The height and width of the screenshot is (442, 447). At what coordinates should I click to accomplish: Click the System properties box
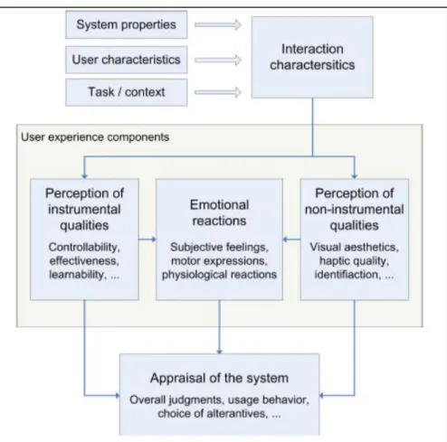coord(127,24)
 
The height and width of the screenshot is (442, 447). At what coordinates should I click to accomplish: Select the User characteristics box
coord(127,60)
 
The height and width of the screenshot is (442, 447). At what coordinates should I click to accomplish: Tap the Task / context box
coord(127,92)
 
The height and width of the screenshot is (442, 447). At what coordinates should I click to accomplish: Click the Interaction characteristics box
coord(312,57)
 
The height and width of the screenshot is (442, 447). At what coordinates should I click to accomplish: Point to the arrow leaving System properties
coord(218,24)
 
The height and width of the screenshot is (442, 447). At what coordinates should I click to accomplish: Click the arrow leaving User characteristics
coord(218,60)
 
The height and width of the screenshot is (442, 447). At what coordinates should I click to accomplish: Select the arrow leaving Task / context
coord(218,92)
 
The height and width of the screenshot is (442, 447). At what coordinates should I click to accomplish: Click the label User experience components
coord(95,137)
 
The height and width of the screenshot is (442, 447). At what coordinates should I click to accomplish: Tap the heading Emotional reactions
coord(219,212)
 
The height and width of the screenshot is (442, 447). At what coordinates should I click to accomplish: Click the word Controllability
coord(84,247)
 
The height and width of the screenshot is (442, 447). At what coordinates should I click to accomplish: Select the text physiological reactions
coord(219,275)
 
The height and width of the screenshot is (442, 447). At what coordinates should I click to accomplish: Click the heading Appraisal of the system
coord(219,378)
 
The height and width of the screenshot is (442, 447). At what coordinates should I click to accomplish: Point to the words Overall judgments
coord(176,400)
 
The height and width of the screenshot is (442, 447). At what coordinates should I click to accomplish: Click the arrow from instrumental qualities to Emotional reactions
coord(147,240)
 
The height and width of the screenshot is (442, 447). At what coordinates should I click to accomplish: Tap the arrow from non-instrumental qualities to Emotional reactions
coord(291,240)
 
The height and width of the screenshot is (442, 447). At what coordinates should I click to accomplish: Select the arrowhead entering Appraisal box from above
coord(219,352)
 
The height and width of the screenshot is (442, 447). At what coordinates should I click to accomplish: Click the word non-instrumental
coord(354,210)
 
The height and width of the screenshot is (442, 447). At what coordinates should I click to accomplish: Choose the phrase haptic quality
coord(354,261)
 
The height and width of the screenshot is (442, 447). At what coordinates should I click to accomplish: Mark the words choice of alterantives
coord(213,413)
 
